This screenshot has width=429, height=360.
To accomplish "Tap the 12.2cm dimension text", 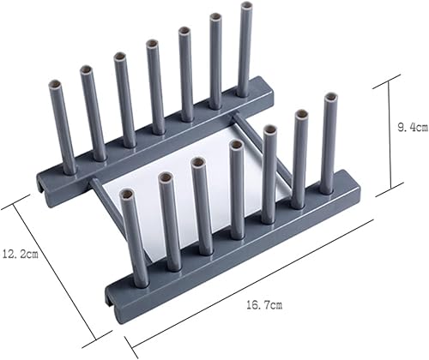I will tap(18, 255).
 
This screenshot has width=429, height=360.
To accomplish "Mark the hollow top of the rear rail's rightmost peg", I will tap(246, 8).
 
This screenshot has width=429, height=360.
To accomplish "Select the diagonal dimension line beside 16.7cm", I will tap(257, 287).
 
